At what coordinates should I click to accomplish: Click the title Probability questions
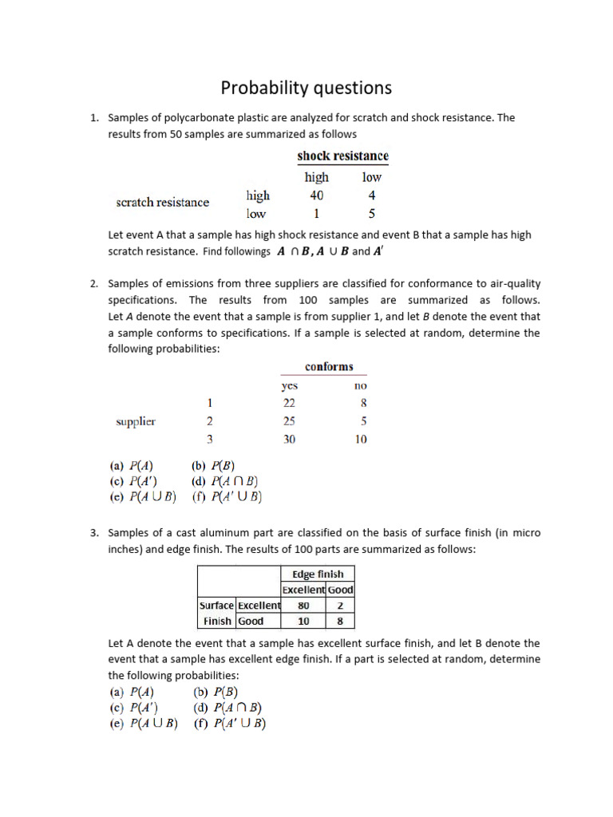[306, 87]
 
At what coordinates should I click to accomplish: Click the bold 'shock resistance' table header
[342, 156]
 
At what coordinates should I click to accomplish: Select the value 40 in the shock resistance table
[316, 195]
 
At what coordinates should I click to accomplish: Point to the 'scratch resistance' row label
[162, 202]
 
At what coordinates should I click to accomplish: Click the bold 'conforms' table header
[328, 366]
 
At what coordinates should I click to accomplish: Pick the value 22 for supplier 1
[289, 404]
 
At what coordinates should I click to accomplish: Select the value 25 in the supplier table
[289, 421]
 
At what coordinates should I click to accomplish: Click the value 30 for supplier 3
[289, 439]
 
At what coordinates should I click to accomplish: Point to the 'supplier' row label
[136, 421]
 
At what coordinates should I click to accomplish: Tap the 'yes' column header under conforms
[289, 385]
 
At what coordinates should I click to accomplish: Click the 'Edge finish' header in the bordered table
[318, 574]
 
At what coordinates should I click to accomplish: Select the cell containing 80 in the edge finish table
[303, 605]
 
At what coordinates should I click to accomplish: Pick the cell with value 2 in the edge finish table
[340, 605]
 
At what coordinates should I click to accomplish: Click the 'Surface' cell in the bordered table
[216, 605]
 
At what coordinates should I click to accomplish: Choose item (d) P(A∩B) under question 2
[225, 481]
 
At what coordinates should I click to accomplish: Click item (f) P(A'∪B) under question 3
[229, 724]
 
